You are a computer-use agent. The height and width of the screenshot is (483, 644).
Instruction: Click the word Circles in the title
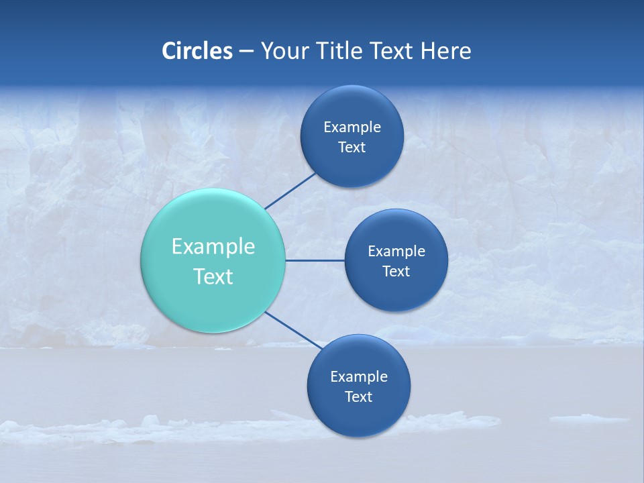(197, 51)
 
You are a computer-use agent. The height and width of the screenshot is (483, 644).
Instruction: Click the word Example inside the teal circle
(213, 247)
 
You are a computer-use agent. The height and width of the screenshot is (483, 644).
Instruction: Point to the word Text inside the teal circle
(213, 276)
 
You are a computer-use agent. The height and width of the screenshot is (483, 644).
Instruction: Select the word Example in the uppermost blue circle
(352, 127)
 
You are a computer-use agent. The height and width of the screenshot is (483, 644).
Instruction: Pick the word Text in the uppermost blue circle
(352, 148)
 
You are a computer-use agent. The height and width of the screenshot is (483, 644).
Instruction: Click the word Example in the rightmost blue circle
(396, 252)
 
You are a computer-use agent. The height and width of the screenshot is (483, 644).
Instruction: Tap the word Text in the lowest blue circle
(358, 397)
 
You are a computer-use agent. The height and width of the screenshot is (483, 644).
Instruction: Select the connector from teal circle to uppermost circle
(290, 191)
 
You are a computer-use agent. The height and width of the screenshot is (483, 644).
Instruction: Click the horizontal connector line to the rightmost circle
(315, 260)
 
